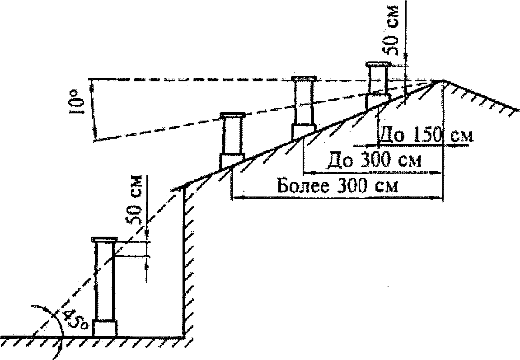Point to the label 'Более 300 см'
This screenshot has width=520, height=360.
[x=337, y=186]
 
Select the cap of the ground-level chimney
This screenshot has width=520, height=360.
[x=104, y=239]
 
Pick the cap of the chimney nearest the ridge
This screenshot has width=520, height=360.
[x=378, y=64]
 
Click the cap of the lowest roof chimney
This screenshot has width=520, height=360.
[x=232, y=115]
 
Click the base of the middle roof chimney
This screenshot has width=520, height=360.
[x=303, y=131]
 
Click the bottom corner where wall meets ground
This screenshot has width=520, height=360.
[x=185, y=336]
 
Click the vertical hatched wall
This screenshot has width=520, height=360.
[x=186, y=262]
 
